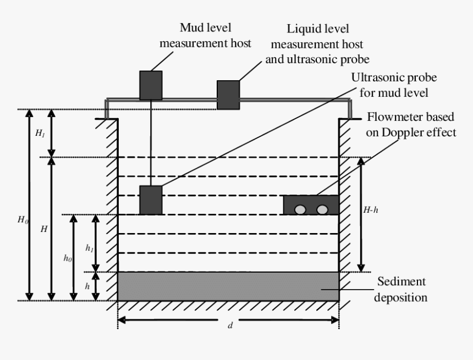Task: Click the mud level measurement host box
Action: click(150, 85)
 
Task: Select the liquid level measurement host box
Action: click(228, 95)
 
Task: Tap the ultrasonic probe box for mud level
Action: click(150, 200)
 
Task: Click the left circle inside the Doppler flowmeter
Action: click(300, 209)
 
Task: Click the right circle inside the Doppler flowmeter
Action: click(322, 209)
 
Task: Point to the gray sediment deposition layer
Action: click(228, 286)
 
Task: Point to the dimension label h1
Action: click(89, 248)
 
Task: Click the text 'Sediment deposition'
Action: click(401, 289)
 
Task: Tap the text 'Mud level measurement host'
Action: click(205, 35)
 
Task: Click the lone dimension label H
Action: click(44, 229)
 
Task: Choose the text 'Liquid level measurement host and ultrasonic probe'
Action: click(317, 43)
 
